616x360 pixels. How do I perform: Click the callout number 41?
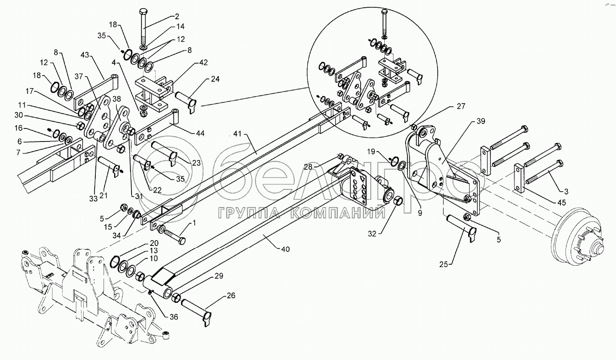[237, 134]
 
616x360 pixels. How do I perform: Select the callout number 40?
[286, 249]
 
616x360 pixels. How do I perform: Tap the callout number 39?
[481, 121]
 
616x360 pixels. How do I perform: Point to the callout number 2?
[177, 16]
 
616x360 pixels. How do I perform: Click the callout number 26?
[231, 296]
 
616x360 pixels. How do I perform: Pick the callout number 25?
[444, 264]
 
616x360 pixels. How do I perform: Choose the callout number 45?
[561, 203]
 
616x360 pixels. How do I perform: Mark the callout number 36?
[174, 317]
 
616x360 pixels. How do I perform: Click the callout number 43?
[85, 55]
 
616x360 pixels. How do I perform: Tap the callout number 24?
[215, 79]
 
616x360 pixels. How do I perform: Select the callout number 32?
[372, 234]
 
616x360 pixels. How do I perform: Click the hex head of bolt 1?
[182, 242]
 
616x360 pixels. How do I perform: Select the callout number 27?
[461, 106]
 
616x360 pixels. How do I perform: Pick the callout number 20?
[154, 243]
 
